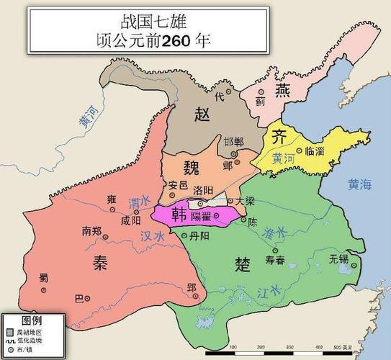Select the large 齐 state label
pyautogui.click(x=277, y=139)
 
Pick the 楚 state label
pyautogui.click(x=243, y=264)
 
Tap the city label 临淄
pyautogui.click(x=316, y=151)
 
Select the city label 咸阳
pyautogui.click(x=131, y=220)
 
